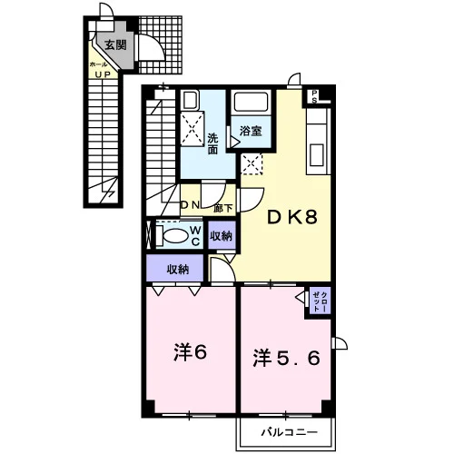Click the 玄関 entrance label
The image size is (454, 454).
coord(115,45)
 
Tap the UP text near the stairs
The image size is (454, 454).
coord(103,74)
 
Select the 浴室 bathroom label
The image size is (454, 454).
coord(251,131)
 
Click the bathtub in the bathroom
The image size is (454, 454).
coord(252,103)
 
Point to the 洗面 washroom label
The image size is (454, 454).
coord(212,144)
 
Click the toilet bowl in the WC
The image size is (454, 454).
coord(175,235)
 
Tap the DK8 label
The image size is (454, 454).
coord(292,217)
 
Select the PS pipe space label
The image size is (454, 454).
coord(314,96)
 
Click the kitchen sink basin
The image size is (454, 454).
coord(317,154)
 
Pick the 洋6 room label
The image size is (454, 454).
coord(190,352)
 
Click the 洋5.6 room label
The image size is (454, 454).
coord(286,358)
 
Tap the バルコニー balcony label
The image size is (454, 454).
coord(290,432)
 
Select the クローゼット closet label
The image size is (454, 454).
coord(320,301)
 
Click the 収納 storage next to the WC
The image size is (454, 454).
coord(222,236)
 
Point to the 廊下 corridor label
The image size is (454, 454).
coord(223,208)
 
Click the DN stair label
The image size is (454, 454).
coord(190,205)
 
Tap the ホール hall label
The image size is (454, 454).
coord(98,64)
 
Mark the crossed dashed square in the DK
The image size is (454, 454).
coord(252,163)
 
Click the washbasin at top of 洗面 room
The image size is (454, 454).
coord(190,101)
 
